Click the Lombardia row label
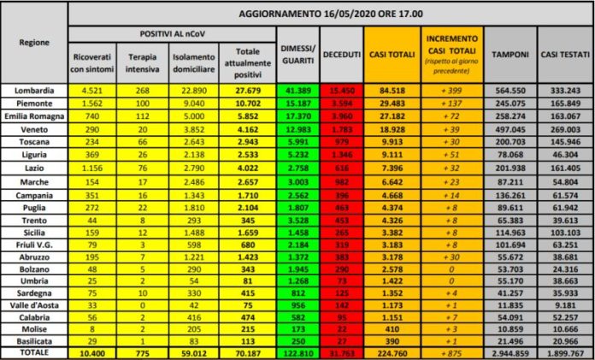click(x=34, y=89)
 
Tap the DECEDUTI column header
click(x=341, y=53)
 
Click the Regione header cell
click(x=33, y=41)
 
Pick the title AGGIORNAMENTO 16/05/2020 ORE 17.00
click(x=327, y=14)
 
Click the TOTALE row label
click(x=34, y=351)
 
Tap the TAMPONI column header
click(x=508, y=53)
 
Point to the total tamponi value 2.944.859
click(x=508, y=351)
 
